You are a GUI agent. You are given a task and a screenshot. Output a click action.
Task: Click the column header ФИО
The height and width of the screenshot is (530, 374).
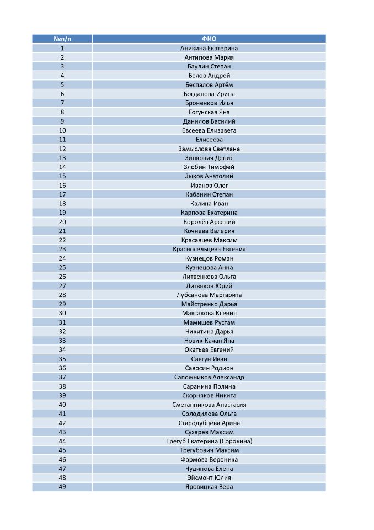209,39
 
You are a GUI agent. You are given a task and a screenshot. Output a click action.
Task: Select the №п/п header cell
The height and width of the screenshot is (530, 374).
62,39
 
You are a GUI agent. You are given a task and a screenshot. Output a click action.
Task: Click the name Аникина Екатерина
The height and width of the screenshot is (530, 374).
209,48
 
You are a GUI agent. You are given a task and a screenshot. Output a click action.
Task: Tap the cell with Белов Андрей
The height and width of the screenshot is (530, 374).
209,76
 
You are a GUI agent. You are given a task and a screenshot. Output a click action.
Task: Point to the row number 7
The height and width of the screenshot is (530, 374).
62,103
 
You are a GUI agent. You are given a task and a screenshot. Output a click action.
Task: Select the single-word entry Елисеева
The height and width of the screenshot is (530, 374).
209,140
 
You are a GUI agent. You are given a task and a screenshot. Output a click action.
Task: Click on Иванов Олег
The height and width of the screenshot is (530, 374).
209,185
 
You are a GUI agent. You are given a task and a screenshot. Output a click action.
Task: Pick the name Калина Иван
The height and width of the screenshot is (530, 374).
209,204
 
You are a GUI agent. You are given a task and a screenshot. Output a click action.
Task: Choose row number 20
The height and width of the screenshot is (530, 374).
62,222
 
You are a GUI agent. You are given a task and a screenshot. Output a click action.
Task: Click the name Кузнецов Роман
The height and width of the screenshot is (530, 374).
209,258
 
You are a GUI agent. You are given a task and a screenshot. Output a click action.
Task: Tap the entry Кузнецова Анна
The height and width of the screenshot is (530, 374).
209,268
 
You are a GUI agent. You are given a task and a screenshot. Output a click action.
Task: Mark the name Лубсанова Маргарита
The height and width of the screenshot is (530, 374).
209,295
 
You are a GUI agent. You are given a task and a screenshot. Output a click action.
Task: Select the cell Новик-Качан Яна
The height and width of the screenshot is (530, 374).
209,341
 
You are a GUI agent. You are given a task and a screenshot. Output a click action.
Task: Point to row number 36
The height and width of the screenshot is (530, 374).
62,368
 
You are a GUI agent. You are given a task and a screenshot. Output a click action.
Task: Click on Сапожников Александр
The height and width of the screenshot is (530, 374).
209,377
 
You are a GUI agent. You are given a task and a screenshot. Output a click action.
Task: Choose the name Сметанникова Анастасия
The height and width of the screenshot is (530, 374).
209,405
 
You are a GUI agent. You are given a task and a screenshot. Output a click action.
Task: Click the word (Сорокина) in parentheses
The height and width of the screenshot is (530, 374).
236,441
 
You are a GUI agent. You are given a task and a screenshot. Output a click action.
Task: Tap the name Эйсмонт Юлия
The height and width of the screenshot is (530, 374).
209,478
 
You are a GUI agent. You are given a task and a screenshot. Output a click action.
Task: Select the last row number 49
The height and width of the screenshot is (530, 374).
62,487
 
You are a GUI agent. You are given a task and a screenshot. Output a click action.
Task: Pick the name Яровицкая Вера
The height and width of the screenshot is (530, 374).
209,487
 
